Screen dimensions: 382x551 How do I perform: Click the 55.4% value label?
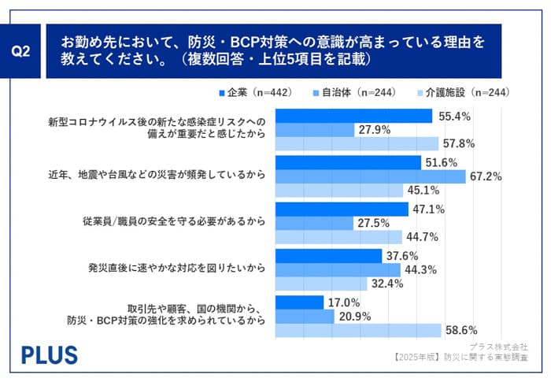pos(454,117)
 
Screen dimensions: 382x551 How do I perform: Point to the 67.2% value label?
pos(487,176)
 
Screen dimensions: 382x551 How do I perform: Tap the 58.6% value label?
pos(483,331)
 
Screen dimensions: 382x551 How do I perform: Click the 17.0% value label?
pos(344,302)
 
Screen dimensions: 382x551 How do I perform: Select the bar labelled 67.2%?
pos(370,176)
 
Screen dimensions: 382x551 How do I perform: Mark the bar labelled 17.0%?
pos(299,302)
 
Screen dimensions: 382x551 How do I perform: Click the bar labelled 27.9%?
pos(314,130)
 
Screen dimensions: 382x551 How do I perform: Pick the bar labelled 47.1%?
pos(342,209)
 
